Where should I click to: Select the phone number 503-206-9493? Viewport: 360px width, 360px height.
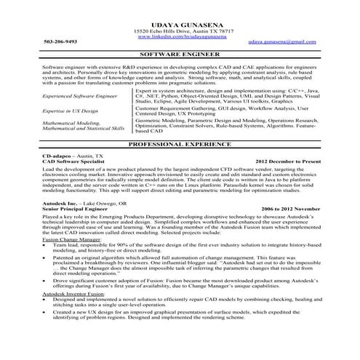point(39,41)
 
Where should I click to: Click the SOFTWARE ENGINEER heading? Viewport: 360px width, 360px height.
point(179,54)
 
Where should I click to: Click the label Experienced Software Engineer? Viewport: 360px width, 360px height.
point(59,95)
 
